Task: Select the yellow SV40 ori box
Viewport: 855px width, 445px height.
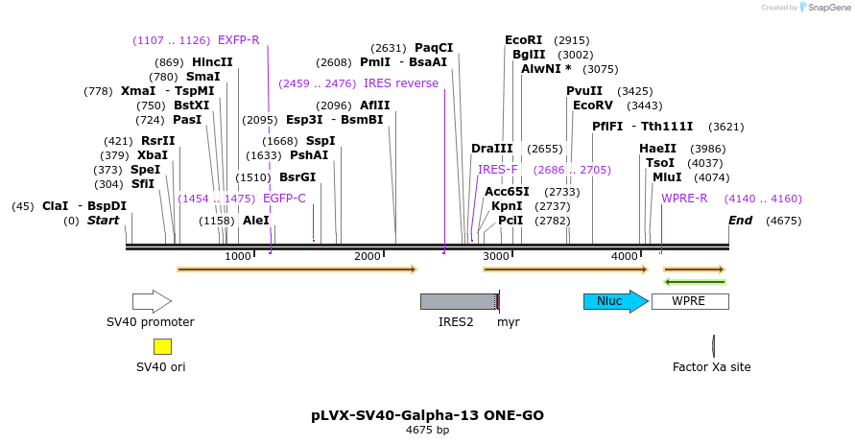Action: click(162, 347)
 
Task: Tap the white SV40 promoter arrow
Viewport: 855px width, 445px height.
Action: click(152, 301)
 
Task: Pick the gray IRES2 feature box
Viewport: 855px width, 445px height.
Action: click(458, 301)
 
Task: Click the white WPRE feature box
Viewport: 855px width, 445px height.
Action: click(689, 301)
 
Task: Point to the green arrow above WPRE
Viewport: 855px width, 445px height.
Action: click(694, 282)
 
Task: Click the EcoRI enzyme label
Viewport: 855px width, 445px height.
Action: click(524, 40)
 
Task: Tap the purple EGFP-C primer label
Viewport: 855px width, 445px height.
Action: click(284, 199)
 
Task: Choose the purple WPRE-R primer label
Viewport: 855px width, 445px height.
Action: click(684, 199)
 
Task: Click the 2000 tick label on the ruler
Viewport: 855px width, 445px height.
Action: click(368, 256)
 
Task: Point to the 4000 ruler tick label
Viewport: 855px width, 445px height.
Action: click(625, 256)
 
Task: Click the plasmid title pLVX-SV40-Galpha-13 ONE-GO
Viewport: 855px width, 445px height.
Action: click(427, 415)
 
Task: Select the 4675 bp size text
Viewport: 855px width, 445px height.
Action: click(427, 431)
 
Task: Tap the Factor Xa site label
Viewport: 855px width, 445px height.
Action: click(711, 367)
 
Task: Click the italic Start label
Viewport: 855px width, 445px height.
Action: click(103, 221)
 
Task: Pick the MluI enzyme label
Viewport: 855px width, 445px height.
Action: click(664, 177)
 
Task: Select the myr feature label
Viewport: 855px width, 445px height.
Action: click(508, 322)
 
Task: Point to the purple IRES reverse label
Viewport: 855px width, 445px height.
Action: click(401, 83)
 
